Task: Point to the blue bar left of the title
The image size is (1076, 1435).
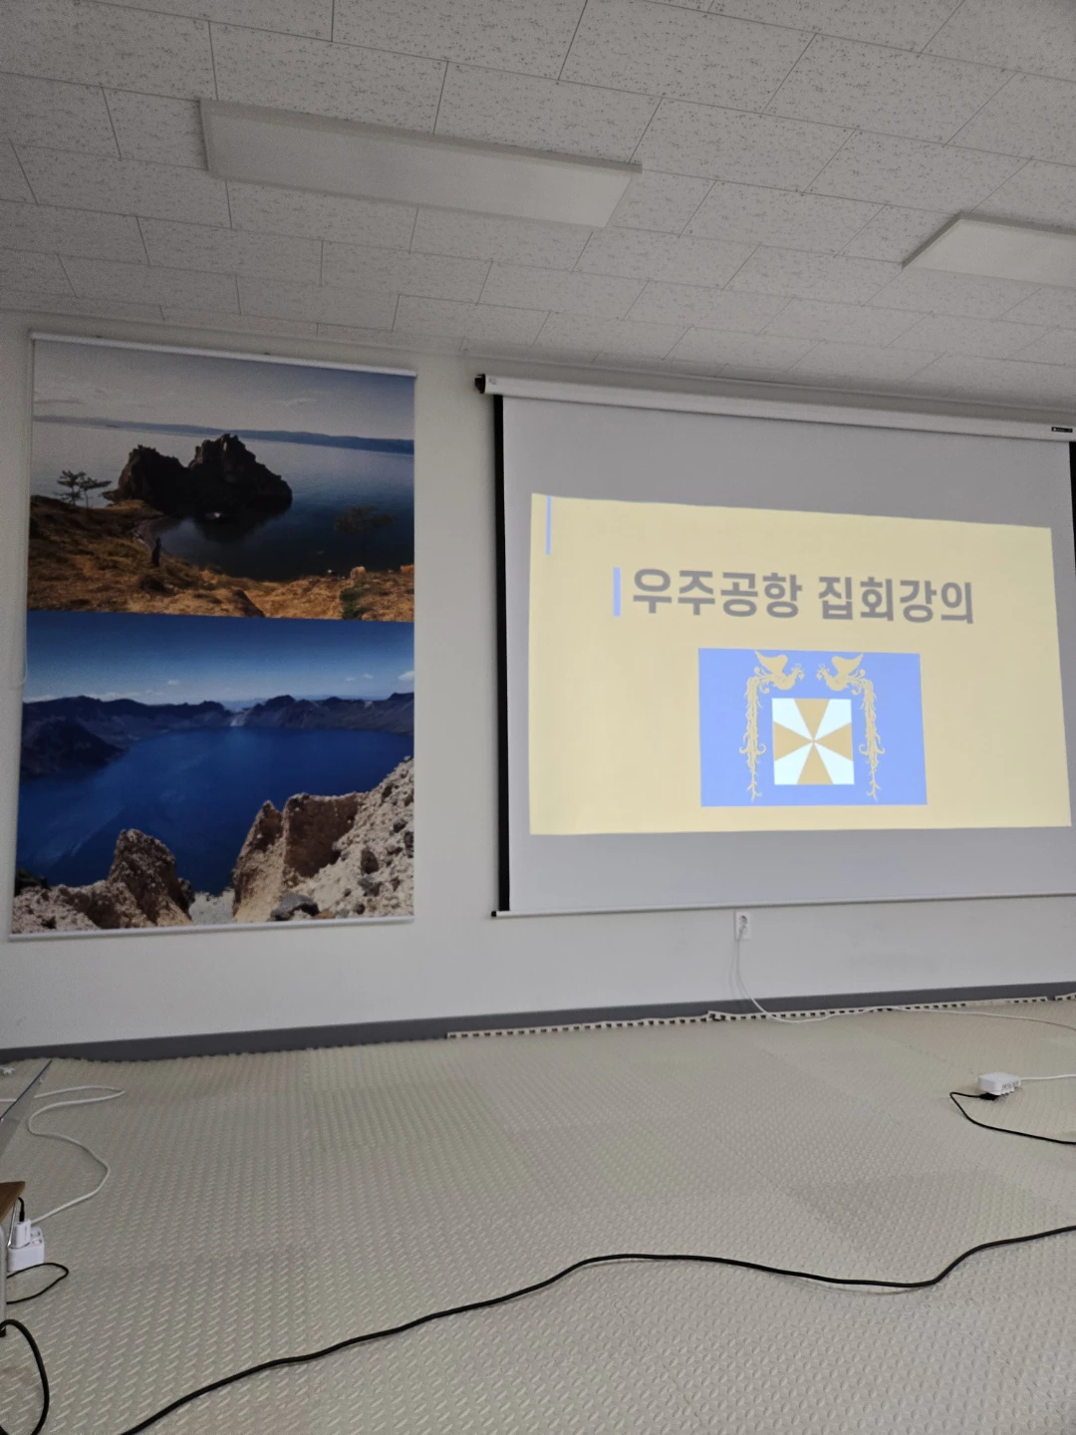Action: [617, 592]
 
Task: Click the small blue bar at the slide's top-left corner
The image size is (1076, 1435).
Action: [548, 525]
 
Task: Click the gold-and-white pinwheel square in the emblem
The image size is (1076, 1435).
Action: [813, 740]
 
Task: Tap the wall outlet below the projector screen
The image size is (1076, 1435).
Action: [743, 926]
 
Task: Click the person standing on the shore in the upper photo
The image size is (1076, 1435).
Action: [156, 551]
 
